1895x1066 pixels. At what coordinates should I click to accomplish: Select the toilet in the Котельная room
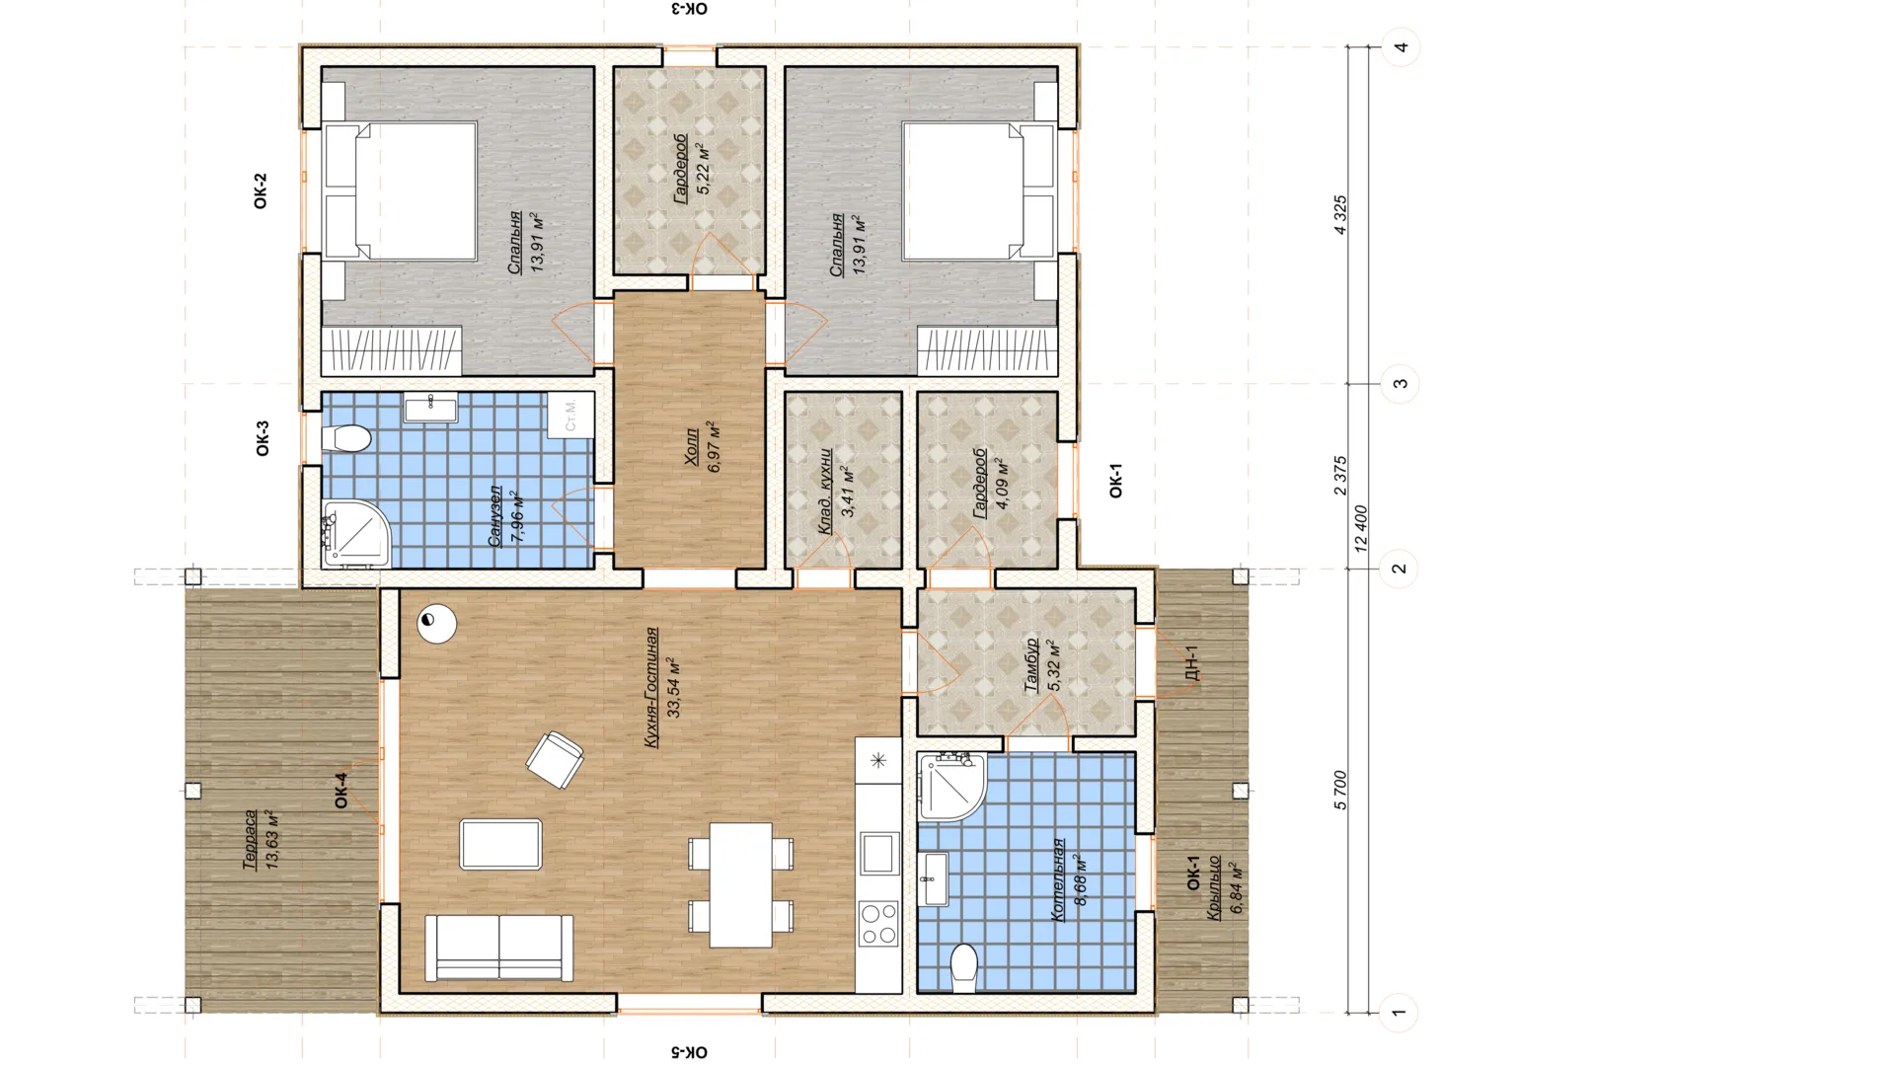(x=963, y=967)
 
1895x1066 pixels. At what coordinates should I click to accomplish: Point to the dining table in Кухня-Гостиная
(x=740, y=885)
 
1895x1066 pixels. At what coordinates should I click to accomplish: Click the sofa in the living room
(x=499, y=948)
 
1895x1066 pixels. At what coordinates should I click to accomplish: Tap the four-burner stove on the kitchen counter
(x=878, y=924)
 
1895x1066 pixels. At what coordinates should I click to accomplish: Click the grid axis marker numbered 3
(x=1400, y=383)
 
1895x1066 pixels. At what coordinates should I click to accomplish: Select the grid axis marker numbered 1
(x=1398, y=1012)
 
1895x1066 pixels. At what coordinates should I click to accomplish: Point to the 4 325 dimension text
(x=1339, y=215)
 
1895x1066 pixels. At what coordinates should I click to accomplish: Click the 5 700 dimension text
(x=1339, y=791)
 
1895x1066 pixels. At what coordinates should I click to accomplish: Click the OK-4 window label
(x=341, y=791)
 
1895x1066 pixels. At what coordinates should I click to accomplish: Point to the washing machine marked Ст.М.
(x=571, y=416)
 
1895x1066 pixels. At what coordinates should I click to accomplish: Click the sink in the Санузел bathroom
(x=431, y=408)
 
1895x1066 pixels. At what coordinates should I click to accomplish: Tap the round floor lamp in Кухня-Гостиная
(x=436, y=624)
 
